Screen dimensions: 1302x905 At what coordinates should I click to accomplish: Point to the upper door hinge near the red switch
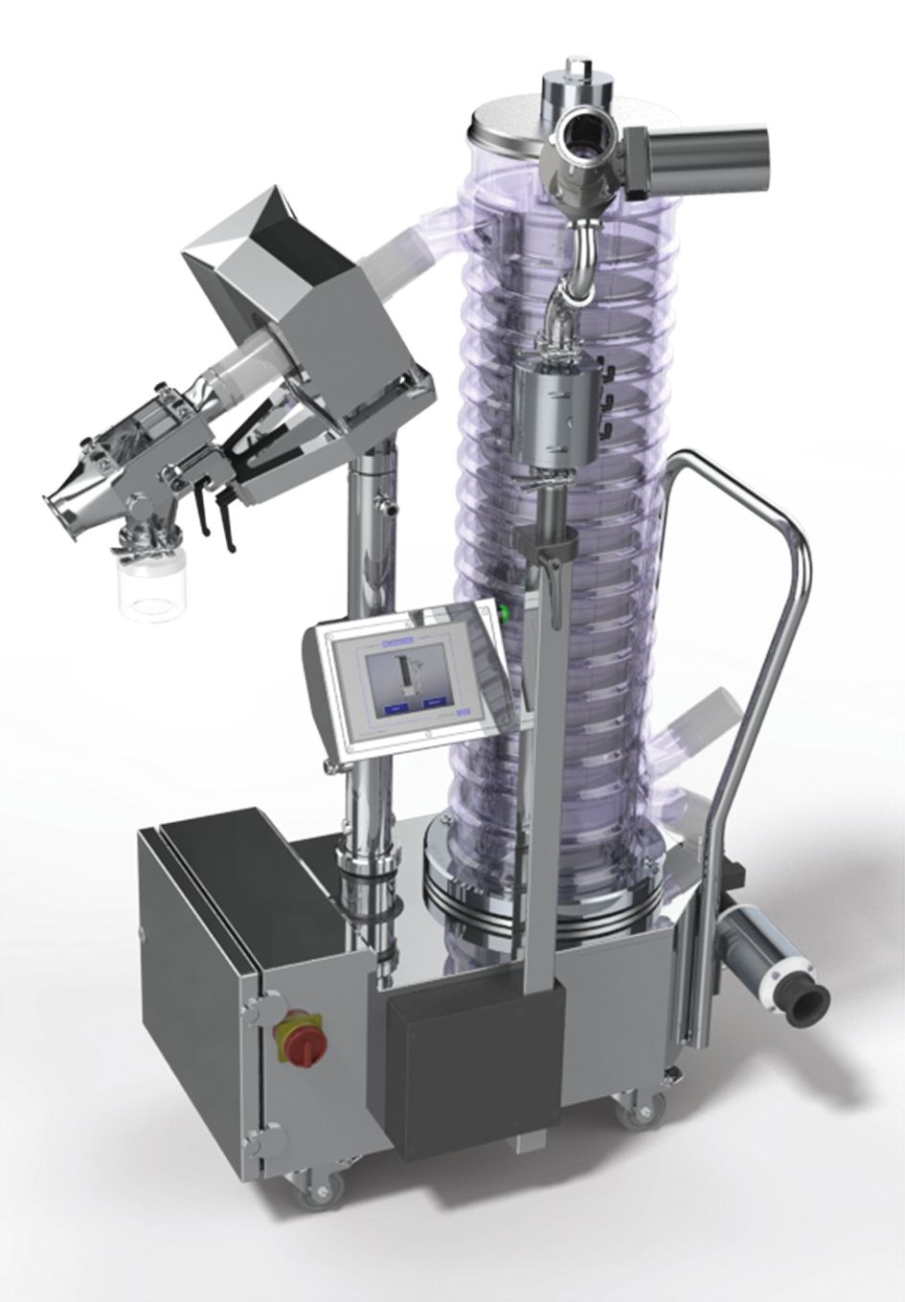coord(251,1008)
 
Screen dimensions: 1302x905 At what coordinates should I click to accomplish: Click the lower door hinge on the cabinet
coord(254,1140)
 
